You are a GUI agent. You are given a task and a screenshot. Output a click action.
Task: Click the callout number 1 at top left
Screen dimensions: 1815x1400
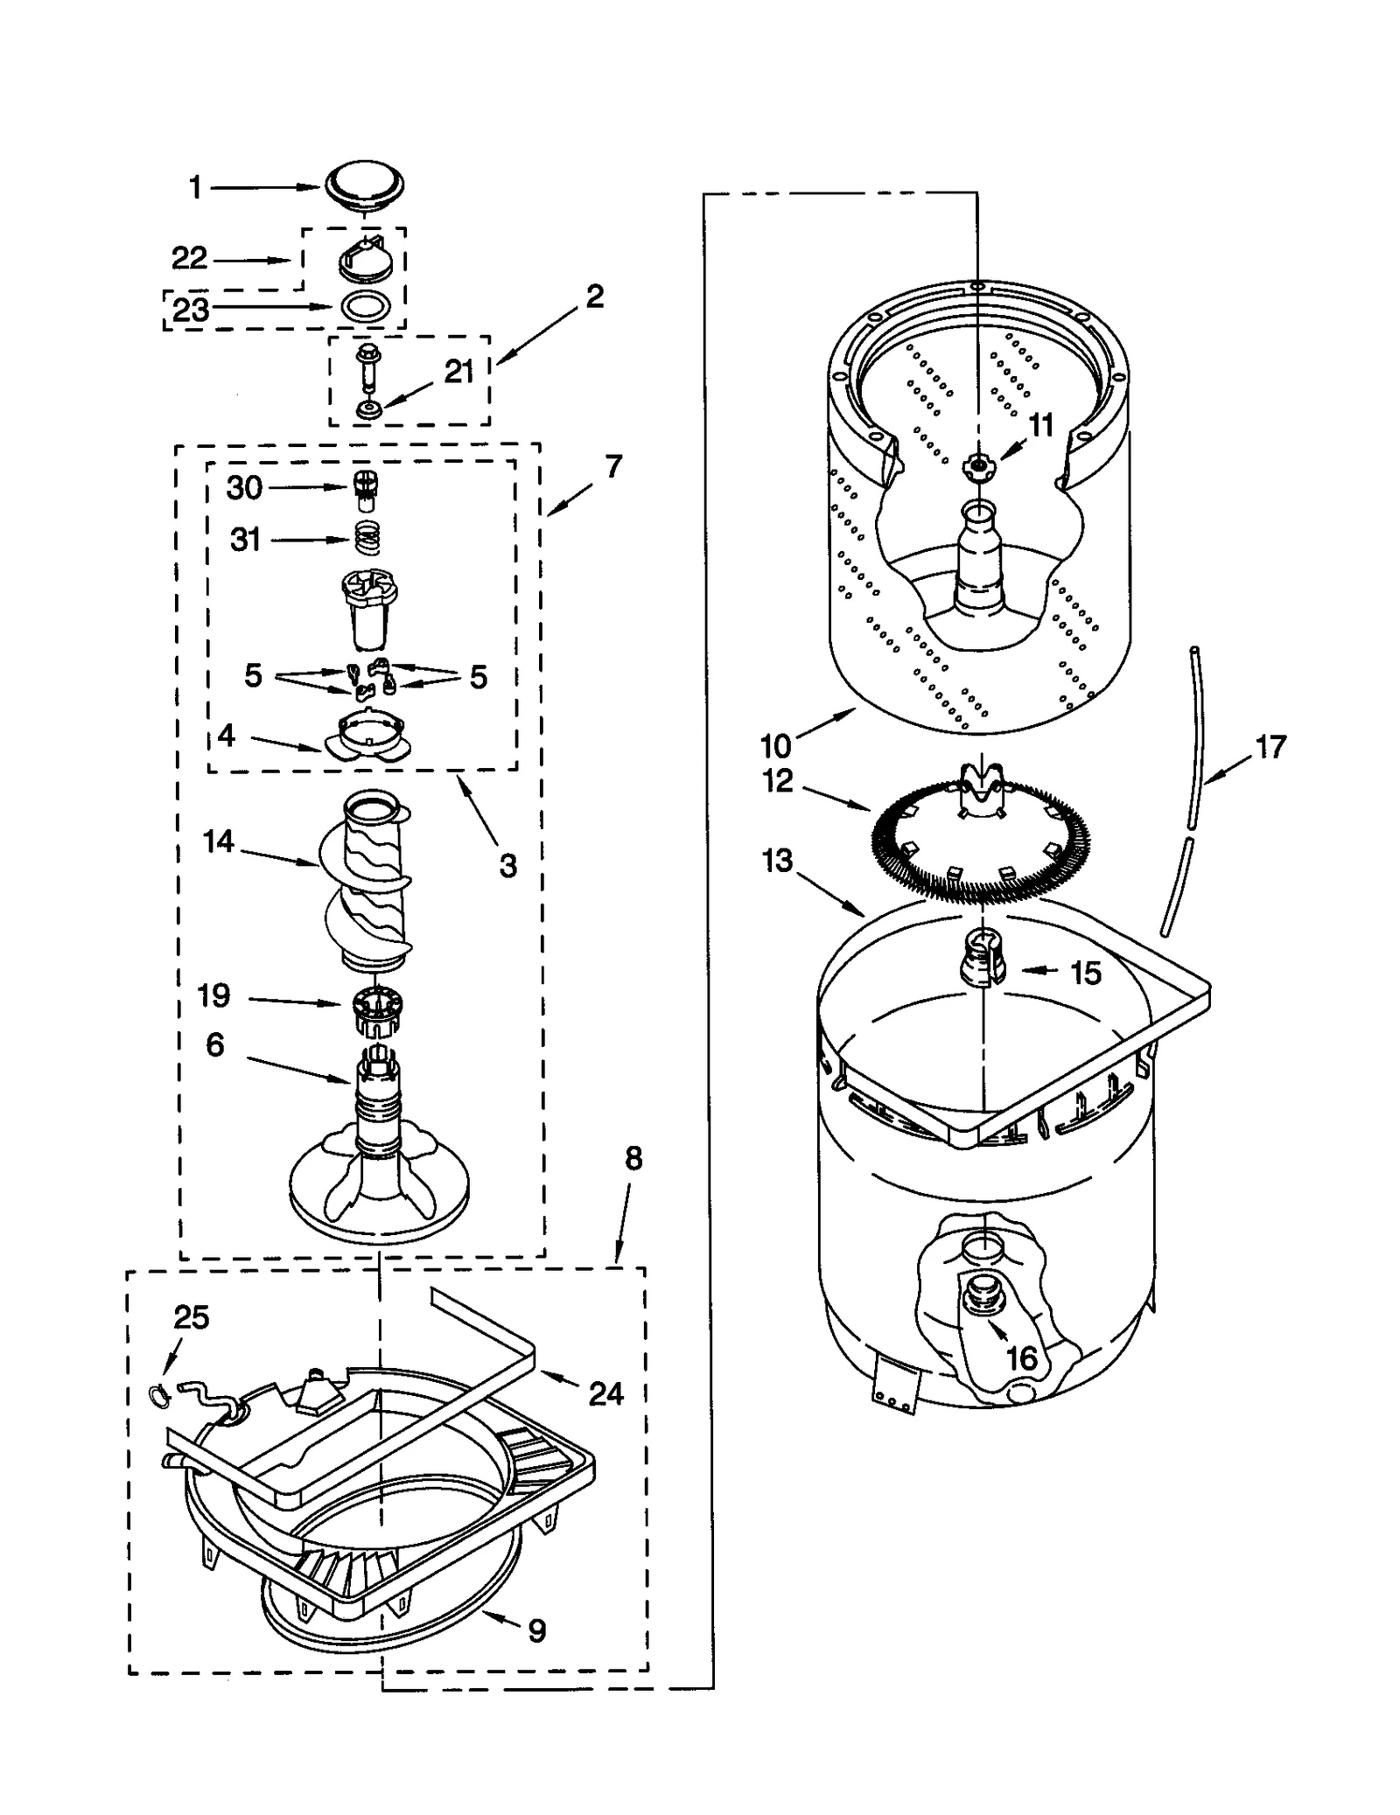(195, 187)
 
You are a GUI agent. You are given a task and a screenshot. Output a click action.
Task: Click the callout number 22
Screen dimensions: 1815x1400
(189, 258)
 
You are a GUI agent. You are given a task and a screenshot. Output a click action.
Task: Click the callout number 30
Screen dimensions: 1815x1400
(244, 487)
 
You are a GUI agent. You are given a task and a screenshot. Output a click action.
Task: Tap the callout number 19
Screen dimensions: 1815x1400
(213, 995)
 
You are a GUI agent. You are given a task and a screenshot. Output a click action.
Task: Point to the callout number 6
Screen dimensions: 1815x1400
(215, 1044)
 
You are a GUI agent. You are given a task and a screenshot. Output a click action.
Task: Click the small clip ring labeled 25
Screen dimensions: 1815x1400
(157, 1395)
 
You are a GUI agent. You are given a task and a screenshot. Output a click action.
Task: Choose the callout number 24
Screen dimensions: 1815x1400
(605, 1393)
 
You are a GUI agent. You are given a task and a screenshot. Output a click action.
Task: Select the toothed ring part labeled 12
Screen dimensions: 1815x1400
(980, 840)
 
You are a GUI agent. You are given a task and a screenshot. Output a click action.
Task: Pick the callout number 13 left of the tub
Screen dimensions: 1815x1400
(777, 860)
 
